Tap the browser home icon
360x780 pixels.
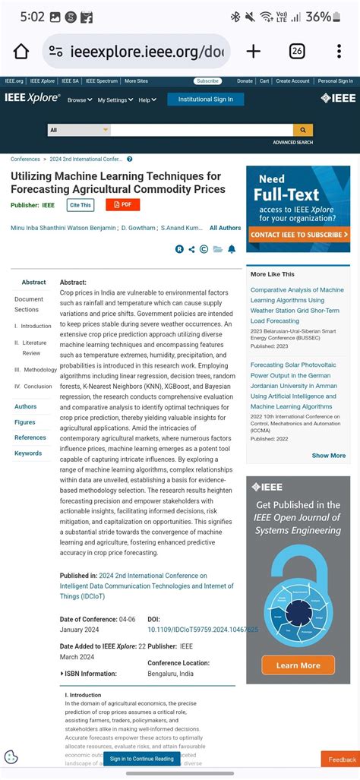(x=21, y=52)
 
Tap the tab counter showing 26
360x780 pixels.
(x=297, y=52)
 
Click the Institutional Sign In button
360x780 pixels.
(x=205, y=99)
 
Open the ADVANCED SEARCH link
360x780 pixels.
(x=292, y=142)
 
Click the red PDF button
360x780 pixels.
(x=122, y=204)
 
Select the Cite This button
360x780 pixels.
(x=80, y=205)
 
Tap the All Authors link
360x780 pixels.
(x=225, y=228)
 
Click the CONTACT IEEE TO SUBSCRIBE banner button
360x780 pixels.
(x=298, y=235)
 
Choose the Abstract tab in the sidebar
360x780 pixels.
(x=33, y=283)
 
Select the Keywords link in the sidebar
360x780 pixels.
(x=28, y=453)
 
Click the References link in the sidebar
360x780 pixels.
(x=30, y=437)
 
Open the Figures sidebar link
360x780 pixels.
(x=25, y=422)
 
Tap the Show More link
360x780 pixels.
(x=328, y=456)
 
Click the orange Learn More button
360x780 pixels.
(x=298, y=665)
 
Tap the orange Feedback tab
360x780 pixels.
(x=340, y=759)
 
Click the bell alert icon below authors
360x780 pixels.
(x=232, y=249)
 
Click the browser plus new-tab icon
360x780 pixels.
(x=253, y=52)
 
